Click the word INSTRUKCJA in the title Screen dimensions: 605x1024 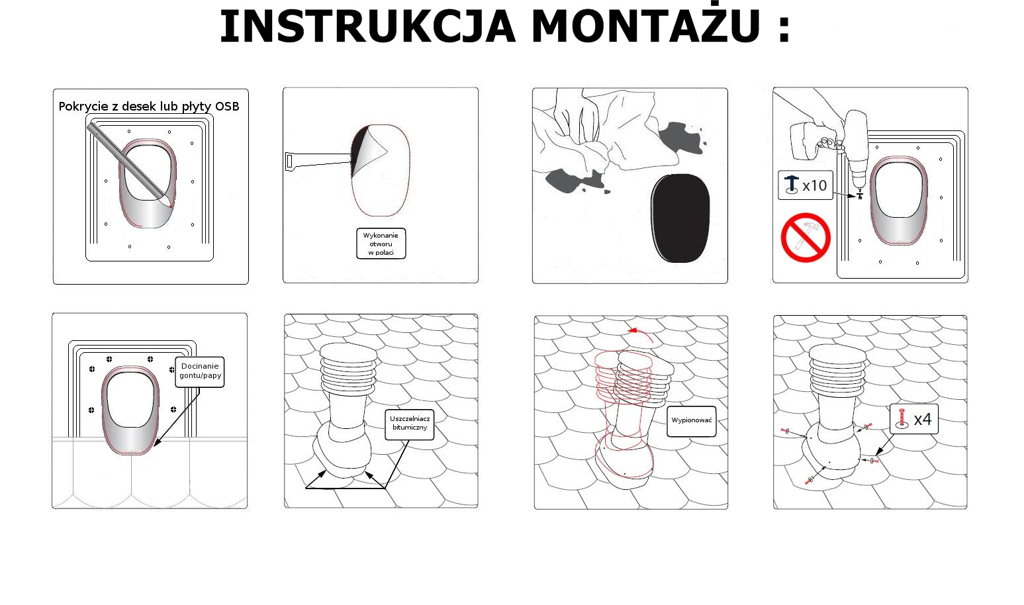point(367,27)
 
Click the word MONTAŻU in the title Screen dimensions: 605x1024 point(645,27)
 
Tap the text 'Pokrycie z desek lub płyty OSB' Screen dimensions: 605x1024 point(149,107)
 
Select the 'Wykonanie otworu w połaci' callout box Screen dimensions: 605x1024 point(381,244)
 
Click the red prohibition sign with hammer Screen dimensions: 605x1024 point(806,238)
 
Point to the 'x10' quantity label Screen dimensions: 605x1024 point(815,185)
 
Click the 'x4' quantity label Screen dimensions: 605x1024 point(922,419)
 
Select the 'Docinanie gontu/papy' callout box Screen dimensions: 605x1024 point(200,371)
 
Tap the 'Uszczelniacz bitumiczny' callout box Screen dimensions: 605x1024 point(410,424)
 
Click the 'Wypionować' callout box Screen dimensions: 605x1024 point(691,421)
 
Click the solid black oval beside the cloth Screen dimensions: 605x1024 point(680,218)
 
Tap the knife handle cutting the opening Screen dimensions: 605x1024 point(311,160)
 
